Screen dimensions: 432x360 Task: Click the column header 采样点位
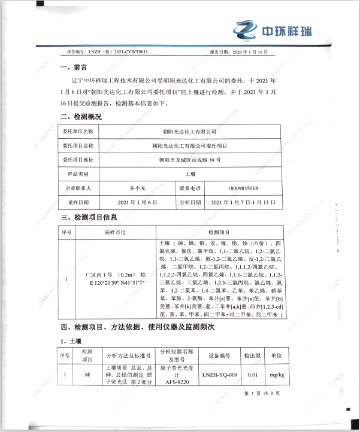click(114, 232)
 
